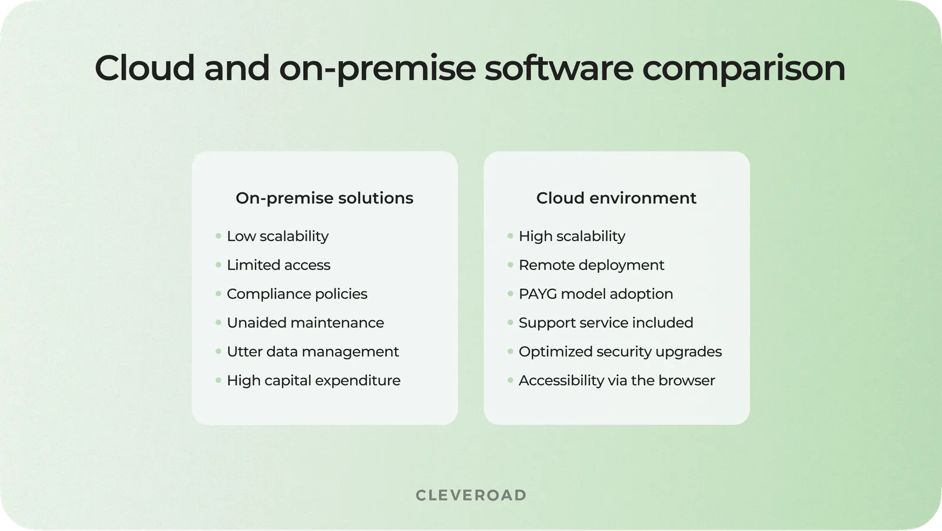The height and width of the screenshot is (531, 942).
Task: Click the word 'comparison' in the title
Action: (x=744, y=68)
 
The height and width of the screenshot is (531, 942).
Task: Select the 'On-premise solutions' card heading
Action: (x=324, y=198)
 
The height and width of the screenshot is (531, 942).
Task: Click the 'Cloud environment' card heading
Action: (x=616, y=198)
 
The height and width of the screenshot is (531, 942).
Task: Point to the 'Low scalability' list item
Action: (x=277, y=236)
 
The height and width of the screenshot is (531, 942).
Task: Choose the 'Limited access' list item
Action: (x=278, y=265)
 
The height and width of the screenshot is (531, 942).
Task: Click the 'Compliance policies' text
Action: (x=297, y=294)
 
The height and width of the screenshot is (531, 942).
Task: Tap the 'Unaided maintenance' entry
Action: (x=305, y=323)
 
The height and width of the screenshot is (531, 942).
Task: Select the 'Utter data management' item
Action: (x=313, y=352)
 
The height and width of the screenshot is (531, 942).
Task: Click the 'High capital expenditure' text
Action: (x=313, y=381)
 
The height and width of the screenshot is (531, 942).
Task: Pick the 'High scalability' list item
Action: (x=572, y=236)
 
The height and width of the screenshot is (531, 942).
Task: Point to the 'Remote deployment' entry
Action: (x=591, y=265)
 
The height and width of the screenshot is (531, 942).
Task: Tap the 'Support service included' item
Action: (x=606, y=323)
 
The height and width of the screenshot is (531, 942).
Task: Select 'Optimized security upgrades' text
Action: (x=620, y=352)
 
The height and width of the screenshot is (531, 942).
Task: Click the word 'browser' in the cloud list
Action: (x=686, y=381)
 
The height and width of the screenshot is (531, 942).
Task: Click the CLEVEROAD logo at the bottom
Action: (x=471, y=495)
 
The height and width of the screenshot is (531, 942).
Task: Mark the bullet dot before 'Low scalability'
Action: (x=218, y=236)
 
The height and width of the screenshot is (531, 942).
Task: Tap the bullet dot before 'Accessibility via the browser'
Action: (x=510, y=381)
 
